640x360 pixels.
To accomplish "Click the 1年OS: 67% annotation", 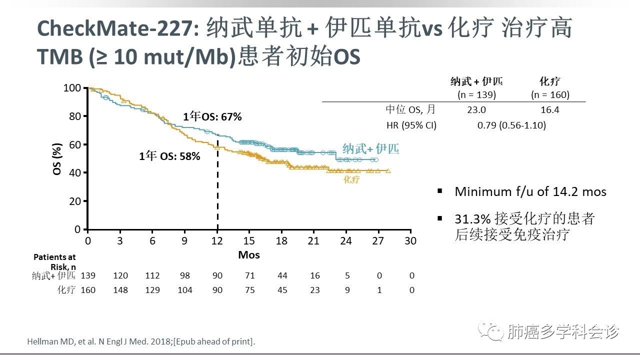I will point(212,117).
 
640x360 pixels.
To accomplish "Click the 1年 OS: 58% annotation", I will point(169,156).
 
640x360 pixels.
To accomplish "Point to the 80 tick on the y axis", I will point(74,116).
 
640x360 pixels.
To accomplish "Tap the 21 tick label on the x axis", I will point(314,241).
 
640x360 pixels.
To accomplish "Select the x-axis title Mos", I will point(249,255).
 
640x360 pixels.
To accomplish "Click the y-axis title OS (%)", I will point(57,158).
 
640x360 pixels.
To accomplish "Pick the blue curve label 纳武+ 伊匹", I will point(370,149).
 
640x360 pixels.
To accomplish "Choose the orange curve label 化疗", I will point(351,179).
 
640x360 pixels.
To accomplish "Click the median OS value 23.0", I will point(475,110).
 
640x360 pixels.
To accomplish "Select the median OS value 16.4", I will point(550,110).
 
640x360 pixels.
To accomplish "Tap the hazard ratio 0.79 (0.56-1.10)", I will point(511,125).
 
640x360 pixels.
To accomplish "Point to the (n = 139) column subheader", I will point(476,94).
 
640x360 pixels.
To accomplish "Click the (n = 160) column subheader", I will point(550,94).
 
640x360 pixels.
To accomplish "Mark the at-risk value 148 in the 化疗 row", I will point(120,290).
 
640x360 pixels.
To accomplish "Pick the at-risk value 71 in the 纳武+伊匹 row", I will point(249,275).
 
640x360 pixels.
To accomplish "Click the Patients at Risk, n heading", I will point(55,261).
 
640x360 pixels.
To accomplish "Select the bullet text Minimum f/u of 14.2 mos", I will point(530,191).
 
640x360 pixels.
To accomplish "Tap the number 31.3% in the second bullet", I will point(472,219).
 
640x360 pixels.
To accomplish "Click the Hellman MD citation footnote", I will point(140,342).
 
